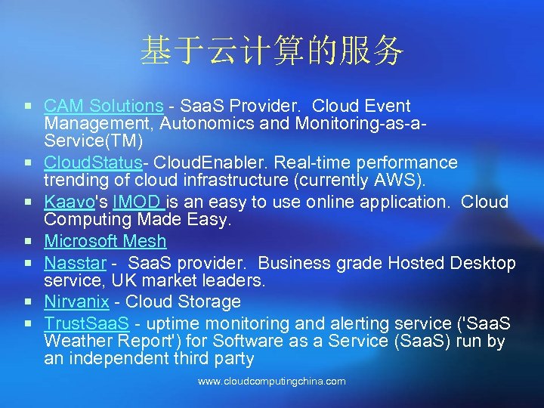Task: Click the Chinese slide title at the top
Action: (272, 51)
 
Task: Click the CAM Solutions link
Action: (104, 106)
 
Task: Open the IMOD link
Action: (138, 202)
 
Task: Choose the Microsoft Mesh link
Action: (105, 242)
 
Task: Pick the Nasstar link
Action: (74, 263)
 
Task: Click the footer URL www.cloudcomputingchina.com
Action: (272, 382)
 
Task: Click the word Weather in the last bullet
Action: (76, 342)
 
